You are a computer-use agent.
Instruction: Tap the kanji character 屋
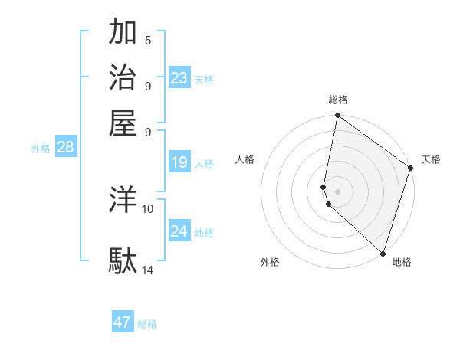(x=123, y=123)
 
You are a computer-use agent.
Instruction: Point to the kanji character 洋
(x=123, y=200)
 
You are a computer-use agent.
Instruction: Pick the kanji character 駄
(x=123, y=260)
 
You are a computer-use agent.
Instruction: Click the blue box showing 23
(x=179, y=77)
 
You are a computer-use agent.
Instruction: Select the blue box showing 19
(x=179, y=162)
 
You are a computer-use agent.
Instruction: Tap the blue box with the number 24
(x=179, y=231)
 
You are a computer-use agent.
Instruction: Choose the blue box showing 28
(x=65, y=147)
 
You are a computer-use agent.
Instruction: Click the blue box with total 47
(x=123, y=322)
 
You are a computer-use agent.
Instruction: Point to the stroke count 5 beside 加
(x=148, y=40)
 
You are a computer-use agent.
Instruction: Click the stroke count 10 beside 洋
(x=148, y=208)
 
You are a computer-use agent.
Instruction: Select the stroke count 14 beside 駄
(x=148, y=270)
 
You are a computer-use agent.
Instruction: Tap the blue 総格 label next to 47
(x=147, y=324)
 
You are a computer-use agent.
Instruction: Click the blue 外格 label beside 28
(x=41, y=149)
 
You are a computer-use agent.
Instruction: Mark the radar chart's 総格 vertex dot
(x=337, y=116)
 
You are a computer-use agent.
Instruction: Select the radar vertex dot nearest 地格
(x=382, y=253)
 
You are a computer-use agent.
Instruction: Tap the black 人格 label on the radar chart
(x=246, y=159)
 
